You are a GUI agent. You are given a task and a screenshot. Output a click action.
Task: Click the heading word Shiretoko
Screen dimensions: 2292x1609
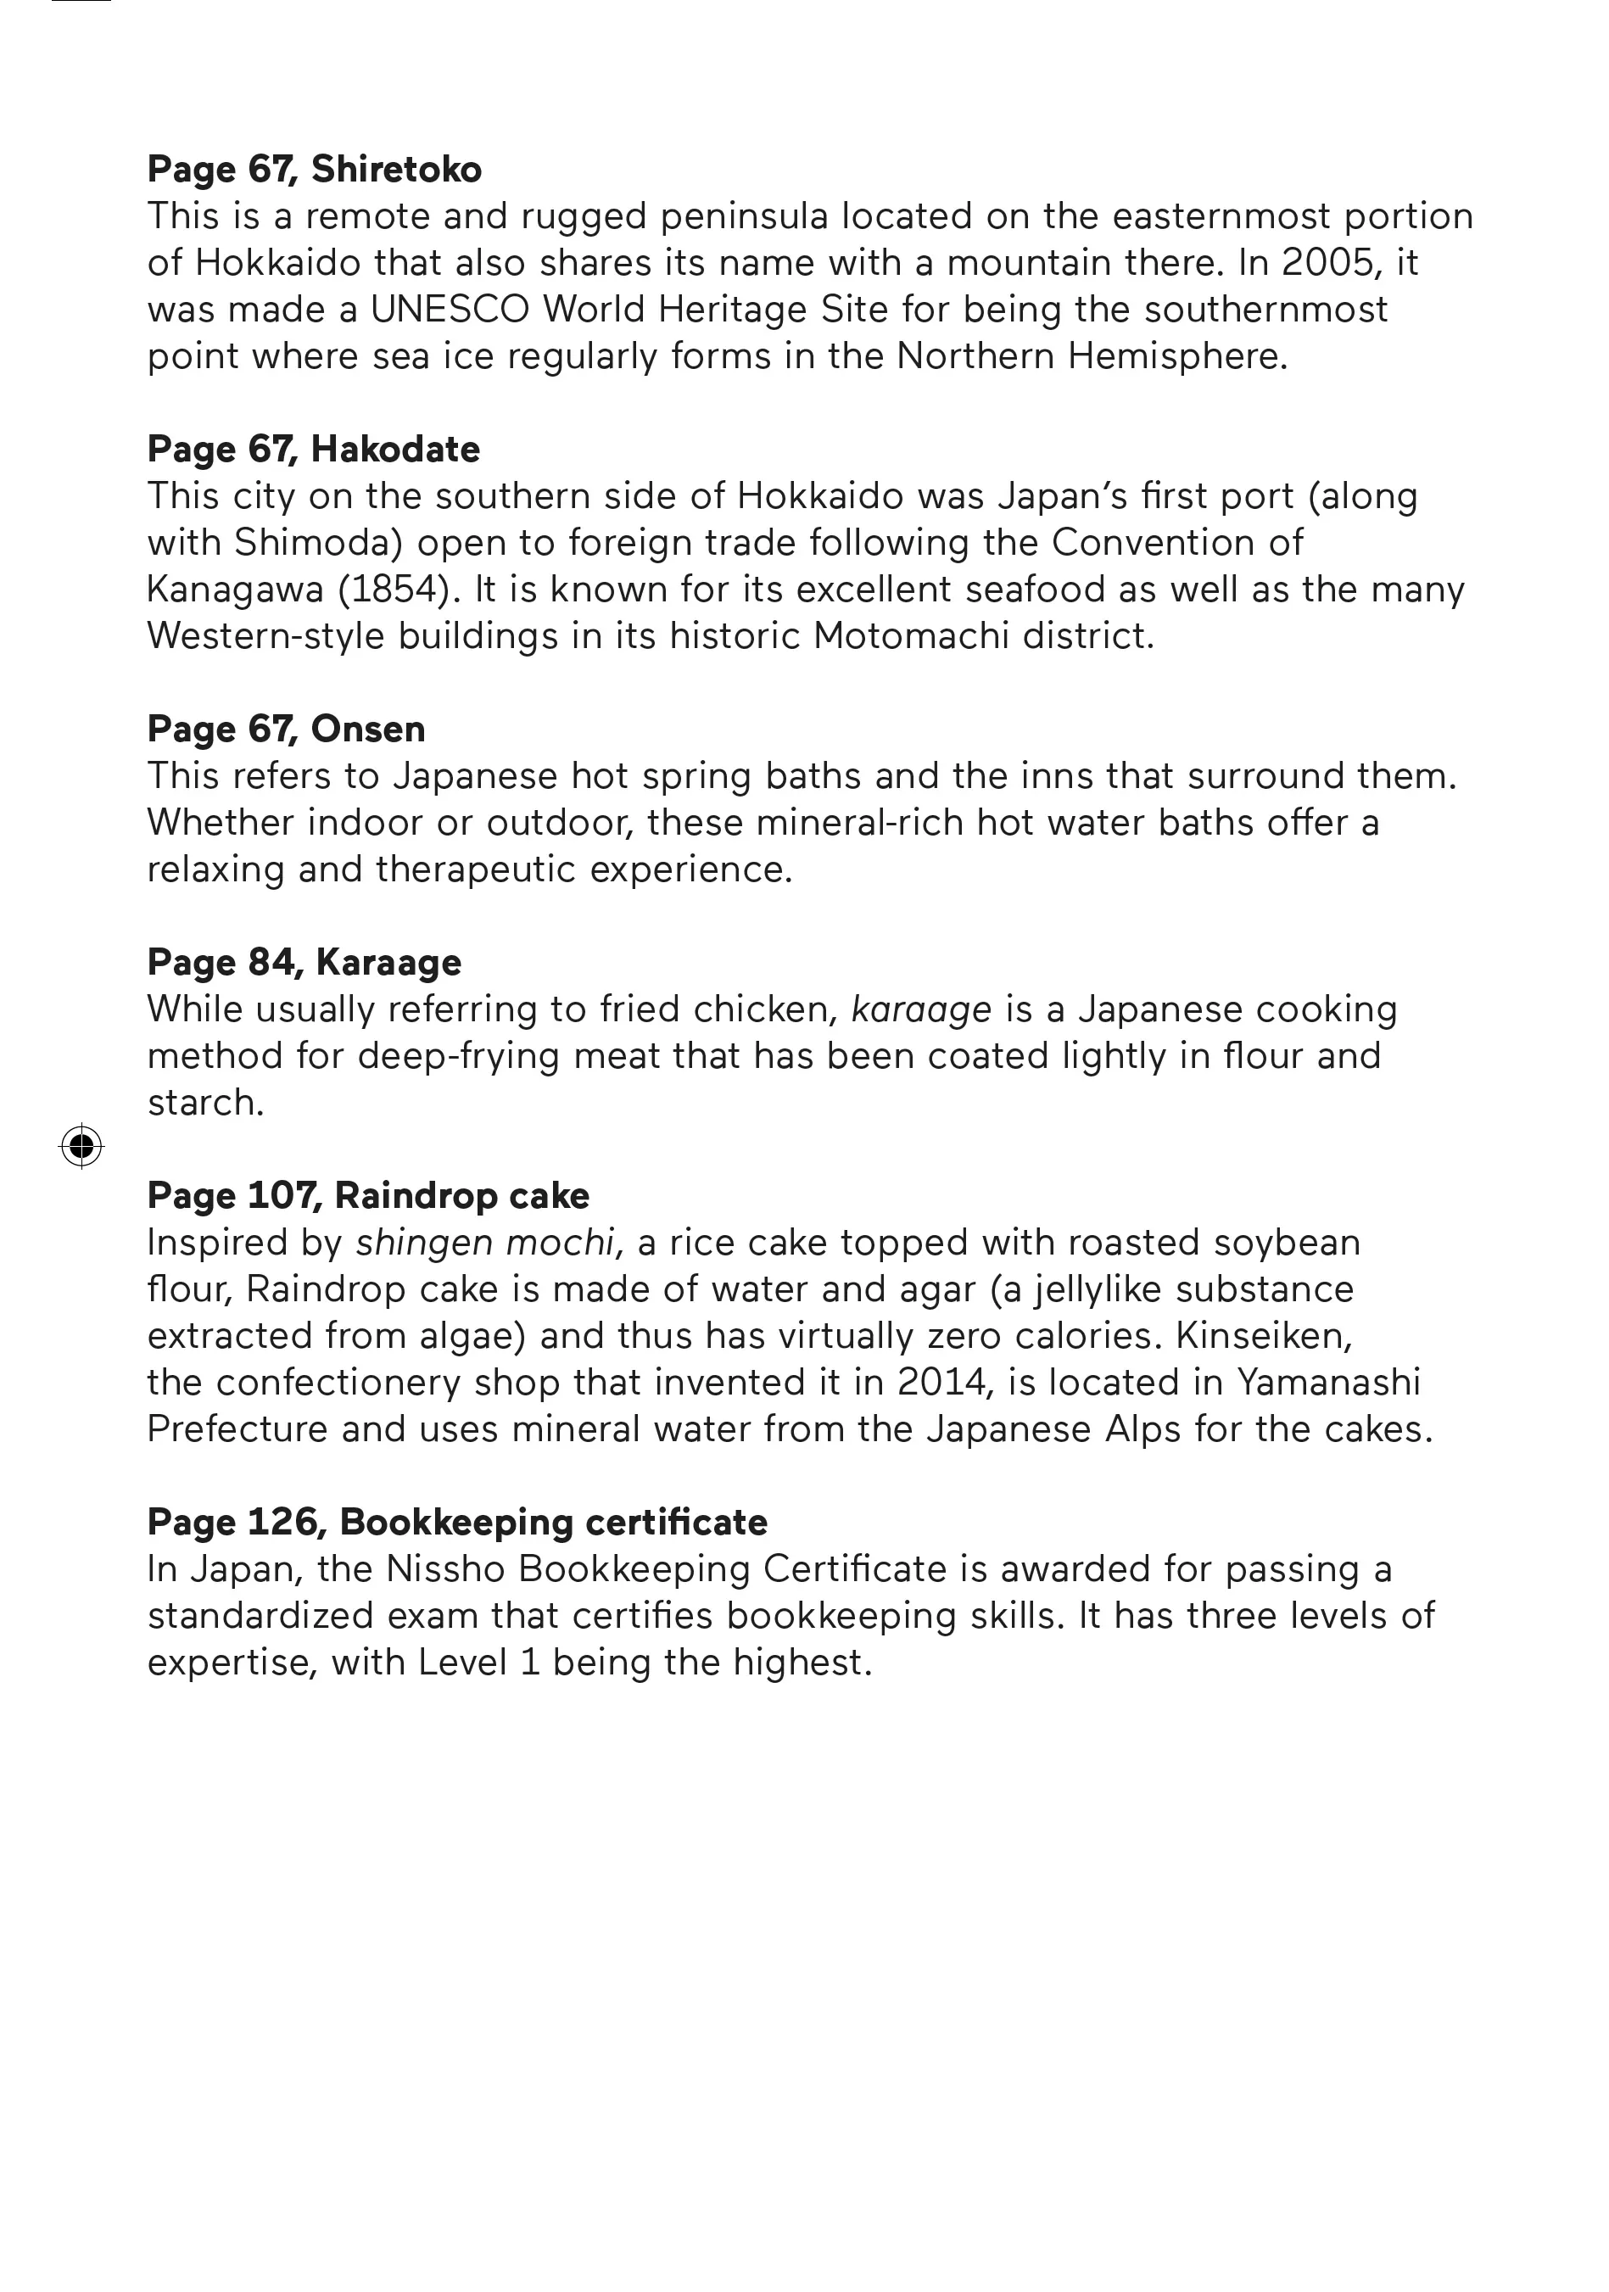click(396, 170)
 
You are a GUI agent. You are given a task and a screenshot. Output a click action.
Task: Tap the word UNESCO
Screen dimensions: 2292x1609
click(450, 310)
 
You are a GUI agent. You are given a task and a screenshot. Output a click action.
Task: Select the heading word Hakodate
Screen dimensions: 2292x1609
click(395, 450)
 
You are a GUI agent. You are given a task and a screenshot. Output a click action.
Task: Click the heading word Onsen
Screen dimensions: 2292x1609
click(368, 730)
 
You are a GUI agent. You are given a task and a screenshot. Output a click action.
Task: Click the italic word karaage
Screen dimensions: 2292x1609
click(921, 1010)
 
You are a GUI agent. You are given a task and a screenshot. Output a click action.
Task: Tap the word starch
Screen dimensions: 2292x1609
click(204, 1103)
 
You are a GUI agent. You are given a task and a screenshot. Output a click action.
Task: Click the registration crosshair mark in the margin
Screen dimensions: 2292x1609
click(81, 1145)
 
